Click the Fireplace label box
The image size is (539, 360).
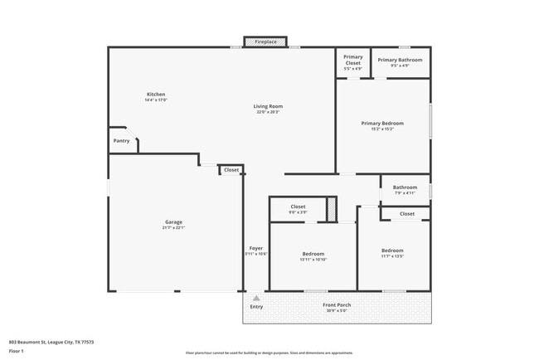265,41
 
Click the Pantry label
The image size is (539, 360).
121,141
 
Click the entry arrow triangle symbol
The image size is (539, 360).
256,298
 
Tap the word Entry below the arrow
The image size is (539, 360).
256,307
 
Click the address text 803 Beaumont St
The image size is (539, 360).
51,342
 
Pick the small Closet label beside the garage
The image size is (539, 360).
231,170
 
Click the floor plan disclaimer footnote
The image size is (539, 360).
269,353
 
